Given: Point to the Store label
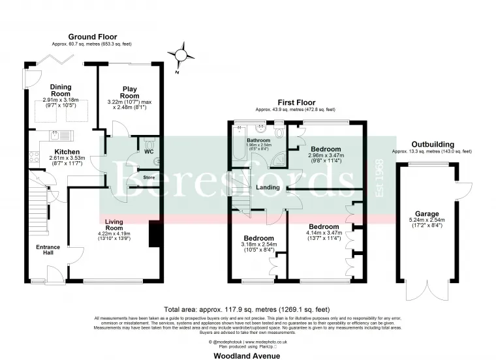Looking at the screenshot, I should pyautogui.click(x=149, y=177).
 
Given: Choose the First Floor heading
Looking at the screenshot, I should pyautogui.click(x=296, y=103).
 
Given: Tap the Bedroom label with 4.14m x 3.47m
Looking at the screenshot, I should pyautogui.click(x=324, y=226).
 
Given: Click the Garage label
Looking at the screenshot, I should pyautogui.click(x=427, y=213).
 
